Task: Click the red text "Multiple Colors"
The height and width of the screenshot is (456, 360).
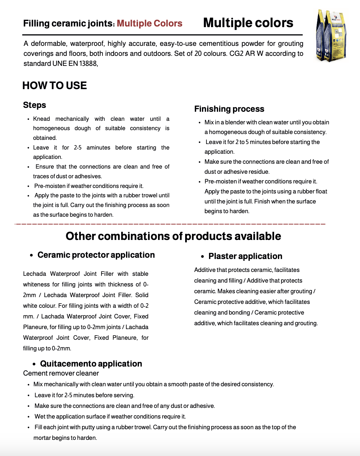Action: pos(150,24)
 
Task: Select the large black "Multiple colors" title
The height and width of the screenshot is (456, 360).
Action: pos(248,23)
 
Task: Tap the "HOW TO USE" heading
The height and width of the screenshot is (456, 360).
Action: pos(55,86)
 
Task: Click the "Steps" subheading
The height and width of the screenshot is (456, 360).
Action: pos(35,105)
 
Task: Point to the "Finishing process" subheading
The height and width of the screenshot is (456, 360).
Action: pos(229,109)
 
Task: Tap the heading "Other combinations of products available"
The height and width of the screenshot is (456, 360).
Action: pos(173,236)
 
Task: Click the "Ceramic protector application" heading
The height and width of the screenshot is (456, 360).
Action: pos(96,255)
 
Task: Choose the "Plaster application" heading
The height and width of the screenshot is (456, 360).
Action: pos(245,256)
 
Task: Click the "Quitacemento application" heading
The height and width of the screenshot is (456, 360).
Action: pos(91,364)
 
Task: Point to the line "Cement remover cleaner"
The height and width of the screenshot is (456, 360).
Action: pos(61,373)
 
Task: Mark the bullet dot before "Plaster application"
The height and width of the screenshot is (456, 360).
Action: pos(202,257)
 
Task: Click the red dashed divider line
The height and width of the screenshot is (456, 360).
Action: pos(170,223)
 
